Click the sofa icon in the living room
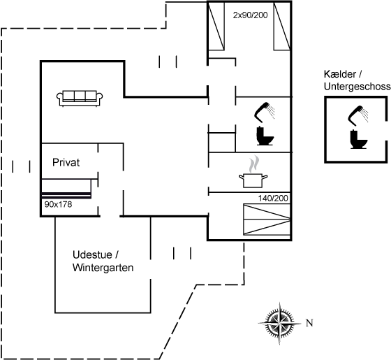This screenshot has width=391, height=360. point(80,99)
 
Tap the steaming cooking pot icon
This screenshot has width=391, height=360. point(253,172)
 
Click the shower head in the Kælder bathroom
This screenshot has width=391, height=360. point(355,115)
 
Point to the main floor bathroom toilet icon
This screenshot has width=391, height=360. point(265,136)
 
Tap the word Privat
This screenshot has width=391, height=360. point(66,162)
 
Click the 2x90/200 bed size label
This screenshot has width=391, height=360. point(250,15)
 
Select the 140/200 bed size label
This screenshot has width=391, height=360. point(273,199)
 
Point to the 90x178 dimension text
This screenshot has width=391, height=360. point(58,204)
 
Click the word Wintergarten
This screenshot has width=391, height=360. point(103,268)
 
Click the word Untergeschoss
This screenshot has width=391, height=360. point(357,87)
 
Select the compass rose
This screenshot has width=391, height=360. point(279,324)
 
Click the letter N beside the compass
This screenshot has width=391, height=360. point(309,323)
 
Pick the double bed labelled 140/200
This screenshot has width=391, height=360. point(267,219)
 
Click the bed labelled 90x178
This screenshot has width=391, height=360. point(66,189)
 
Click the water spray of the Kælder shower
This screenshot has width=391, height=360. point(366,115)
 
